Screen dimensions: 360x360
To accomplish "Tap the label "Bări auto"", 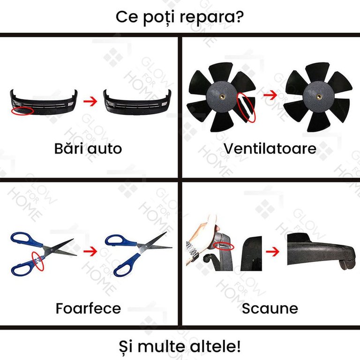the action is pyautogui.click(x=88, y=149).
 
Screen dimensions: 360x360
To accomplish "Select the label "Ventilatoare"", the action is pyautogui.click(x=270, y=149).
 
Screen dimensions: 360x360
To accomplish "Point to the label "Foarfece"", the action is pyautogui.click(x=88, y=308).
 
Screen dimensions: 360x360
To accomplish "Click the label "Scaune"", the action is pyautogui.click(x=270, y=308).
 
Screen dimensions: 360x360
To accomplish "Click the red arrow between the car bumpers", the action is pyautogui.click(x=90, y=101).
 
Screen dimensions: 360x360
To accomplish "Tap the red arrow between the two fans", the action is pyautogui.click(x=270, y=95).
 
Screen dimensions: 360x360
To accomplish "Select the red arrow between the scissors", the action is pyautogui.click(x=90, y=251).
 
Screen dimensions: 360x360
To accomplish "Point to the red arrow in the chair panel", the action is pyautogui.click(x=272, y=252).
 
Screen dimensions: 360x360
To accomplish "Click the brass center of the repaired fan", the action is pyautogui.click(x=319, y=97).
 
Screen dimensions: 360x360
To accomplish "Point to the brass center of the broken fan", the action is pyautogui.click(x=222, y=96).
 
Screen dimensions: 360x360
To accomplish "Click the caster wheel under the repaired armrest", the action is pyautogui.click(x=346, y=265).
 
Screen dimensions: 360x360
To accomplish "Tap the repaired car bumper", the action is pyautogui.click(x=137, y=102).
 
